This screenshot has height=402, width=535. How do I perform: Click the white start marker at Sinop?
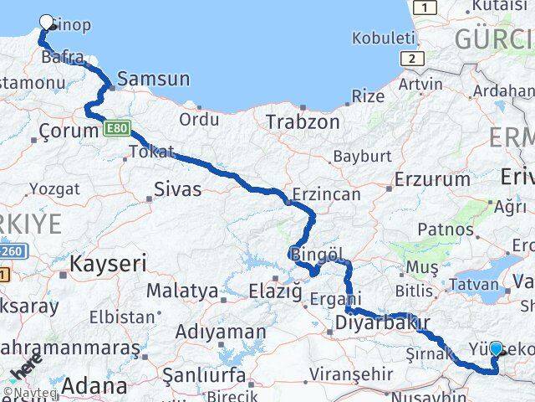[47, 23]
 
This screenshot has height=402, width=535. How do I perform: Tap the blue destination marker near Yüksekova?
[497, 348]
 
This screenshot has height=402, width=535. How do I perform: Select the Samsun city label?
[154, 80]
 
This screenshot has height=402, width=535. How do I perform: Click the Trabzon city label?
[303, 121]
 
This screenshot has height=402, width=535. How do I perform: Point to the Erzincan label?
[327, 194]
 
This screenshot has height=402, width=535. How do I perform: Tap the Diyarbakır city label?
[382, 322]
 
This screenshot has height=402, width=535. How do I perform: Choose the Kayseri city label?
[108, 265]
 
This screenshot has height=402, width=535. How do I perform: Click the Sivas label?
[177, 189]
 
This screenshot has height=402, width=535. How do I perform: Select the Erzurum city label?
[432, 179]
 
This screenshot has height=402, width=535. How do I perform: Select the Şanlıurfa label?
[203, 374]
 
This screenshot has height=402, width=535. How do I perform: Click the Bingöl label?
[318, 253]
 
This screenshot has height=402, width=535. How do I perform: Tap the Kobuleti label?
[384, 38]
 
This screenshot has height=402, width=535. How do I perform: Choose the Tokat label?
[152, 152]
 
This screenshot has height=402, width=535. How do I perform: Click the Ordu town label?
[199, 120]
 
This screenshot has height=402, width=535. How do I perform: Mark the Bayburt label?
[362, 156]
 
